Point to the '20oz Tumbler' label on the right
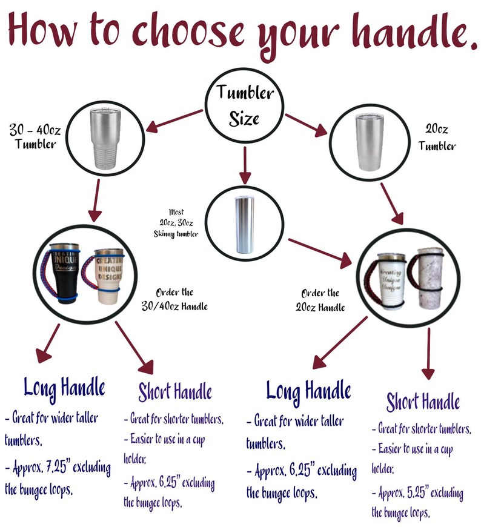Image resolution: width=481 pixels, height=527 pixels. (437, 137)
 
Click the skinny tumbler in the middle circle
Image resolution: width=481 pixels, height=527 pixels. (245, 223)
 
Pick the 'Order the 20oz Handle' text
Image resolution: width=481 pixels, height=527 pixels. (322, 299)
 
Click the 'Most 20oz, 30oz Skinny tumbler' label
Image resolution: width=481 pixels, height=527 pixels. (177, 223)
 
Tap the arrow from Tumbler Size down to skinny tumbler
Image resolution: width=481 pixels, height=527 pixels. (244, 165)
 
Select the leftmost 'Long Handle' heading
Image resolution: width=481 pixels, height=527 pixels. (64, 386)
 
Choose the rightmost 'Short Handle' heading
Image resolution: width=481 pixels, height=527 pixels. (423, 401)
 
